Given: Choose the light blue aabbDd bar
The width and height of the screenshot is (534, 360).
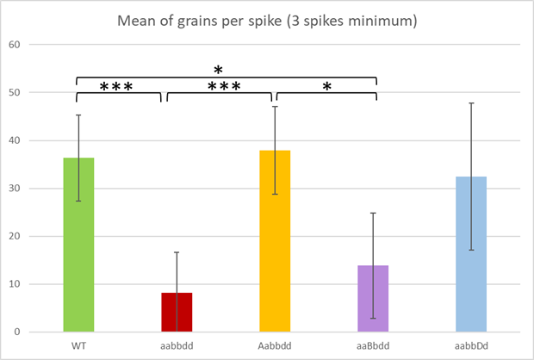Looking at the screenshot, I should pyautogui.click(x=471, y=255).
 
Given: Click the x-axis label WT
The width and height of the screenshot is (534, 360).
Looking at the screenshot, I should pyautogui.click(x=78, y=345).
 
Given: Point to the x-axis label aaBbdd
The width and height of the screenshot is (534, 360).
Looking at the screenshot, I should pyautogui.click(x=373, y=345).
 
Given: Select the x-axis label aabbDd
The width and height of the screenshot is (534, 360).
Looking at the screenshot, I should pyautogui.click(x=471, y=345).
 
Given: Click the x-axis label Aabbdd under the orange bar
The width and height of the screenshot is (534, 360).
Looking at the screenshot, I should pyautogui.click(x=275, y=345).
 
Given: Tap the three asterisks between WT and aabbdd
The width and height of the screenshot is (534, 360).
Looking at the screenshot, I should pyautogui.click(x=121, y=88).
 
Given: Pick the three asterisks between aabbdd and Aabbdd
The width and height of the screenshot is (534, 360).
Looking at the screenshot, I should pyautogui.click(x=219, y=88).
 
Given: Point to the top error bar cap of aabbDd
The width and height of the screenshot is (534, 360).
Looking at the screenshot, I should pyautogui.click(x=471, y=103).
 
